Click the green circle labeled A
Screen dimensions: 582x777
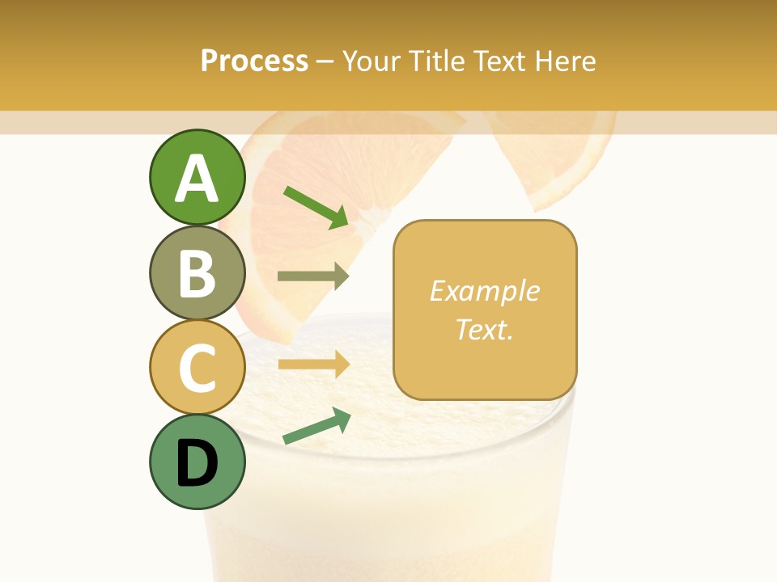tap(197, 178)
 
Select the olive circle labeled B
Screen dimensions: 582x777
tap(197, 272)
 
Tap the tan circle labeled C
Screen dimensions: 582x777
tap(197, 367)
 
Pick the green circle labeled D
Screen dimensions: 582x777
tap(197, 462)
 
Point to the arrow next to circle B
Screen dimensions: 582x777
tap(312, 276)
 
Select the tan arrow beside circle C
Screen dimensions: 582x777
tap(312, 365)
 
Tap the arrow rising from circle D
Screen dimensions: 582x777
tap(316, 426)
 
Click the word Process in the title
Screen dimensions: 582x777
tap(254, 61)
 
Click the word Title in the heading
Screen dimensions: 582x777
tap(435, 61)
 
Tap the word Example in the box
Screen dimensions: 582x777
tap(484, 291)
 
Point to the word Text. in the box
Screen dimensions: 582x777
tap(484, 329)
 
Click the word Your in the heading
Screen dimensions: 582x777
tap(370, 61)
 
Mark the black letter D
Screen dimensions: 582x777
tap(197, 463)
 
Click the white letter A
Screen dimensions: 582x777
tap(197, 179)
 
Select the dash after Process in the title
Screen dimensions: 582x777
tap(325, 61)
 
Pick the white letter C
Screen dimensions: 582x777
tap(197, 368)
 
